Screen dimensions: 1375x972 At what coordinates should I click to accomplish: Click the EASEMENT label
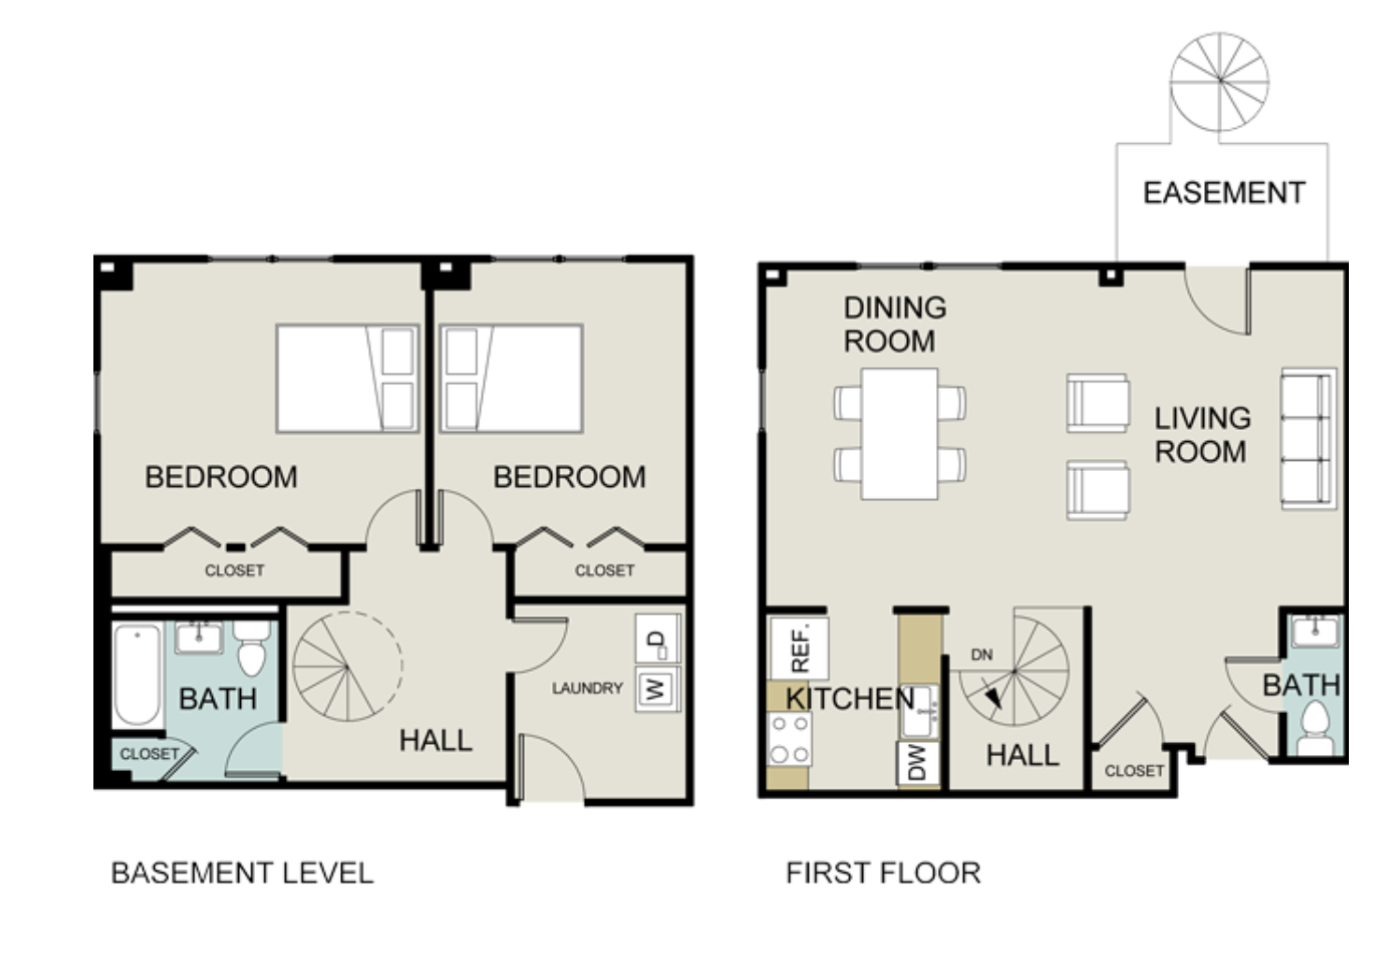1224,193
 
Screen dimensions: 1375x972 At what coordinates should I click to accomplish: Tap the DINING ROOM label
895,324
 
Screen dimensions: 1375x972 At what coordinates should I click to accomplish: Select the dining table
900,434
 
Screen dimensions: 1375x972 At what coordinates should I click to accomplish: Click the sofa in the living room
1309,438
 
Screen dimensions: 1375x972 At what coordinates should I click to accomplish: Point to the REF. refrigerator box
800,649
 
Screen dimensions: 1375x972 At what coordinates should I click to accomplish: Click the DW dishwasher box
918,764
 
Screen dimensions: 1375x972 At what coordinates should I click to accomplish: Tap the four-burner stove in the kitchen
789,739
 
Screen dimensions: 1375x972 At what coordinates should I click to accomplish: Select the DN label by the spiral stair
982,655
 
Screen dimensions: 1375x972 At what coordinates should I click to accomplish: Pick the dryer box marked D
657,639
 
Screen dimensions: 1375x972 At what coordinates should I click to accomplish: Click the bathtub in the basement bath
137,674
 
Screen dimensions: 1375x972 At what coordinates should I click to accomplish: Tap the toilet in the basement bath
251,647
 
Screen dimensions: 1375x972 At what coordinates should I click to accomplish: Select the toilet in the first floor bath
1315,729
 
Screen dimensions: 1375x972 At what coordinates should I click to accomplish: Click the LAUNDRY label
588,688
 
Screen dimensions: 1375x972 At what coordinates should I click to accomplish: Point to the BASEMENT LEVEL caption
242,873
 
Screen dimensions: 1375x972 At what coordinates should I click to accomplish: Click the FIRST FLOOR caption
884,873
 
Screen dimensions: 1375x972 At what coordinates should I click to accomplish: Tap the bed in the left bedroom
347,379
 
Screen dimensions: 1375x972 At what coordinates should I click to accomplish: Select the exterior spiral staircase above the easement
1219,81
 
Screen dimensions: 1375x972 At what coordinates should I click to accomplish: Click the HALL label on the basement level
436,740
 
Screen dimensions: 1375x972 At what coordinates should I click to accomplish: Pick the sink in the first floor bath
1315,633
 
